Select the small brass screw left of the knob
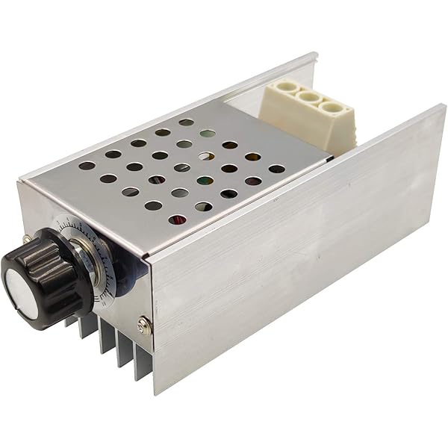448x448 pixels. point(28,240)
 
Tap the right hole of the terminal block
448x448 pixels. point(329,107)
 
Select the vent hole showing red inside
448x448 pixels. point(177,220)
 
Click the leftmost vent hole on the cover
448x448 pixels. point(87,166)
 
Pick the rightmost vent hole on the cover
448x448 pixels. point(277,169)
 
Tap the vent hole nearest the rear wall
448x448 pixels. point(186,122)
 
